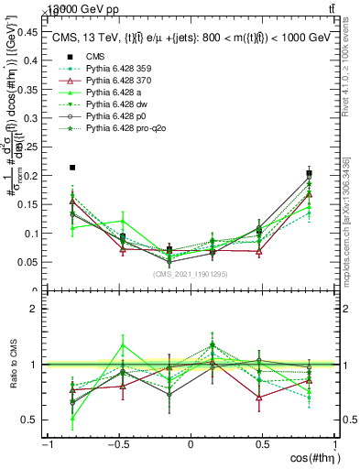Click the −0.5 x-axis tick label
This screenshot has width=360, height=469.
tap(118, 444)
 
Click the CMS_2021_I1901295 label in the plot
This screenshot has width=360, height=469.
tap(189, 274)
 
